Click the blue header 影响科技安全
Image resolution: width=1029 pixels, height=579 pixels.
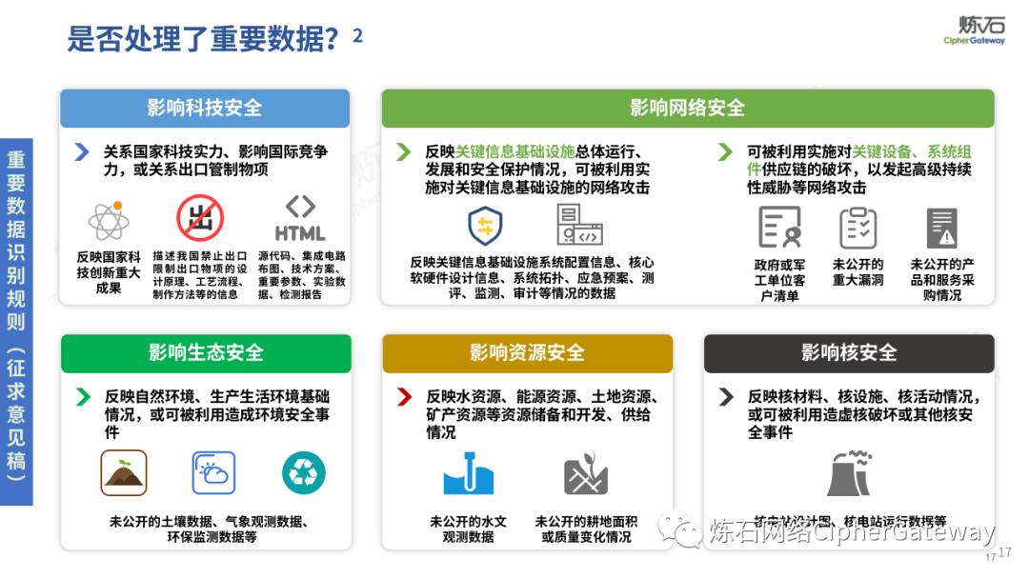(205, 108)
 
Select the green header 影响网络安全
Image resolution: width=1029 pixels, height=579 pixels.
(687, 108)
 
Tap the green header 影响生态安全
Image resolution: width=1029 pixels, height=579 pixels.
(206, 352)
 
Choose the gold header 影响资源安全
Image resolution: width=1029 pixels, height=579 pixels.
(526, 352)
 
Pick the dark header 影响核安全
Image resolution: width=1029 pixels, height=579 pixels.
(848, 352)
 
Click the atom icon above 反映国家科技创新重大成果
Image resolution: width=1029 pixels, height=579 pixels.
(109, 222)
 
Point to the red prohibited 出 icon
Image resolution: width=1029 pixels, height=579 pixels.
(200, 219)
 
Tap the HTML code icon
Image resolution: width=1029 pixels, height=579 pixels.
(300, 220)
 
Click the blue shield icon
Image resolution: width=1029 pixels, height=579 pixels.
(485, 226)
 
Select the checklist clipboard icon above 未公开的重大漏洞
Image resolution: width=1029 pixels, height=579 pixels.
(857, 228)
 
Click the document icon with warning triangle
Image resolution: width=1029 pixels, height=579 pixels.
(941, 228)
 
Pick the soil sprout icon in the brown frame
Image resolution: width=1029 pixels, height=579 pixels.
(124, 473)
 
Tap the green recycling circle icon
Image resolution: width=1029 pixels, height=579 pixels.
(303, 473)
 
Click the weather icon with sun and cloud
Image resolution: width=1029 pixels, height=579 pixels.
(213, 473)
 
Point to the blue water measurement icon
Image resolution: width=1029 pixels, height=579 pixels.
(468, 473)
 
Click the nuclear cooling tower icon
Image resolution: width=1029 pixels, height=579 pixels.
(848, 472)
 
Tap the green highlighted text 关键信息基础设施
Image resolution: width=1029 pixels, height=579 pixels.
(515, 152)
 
